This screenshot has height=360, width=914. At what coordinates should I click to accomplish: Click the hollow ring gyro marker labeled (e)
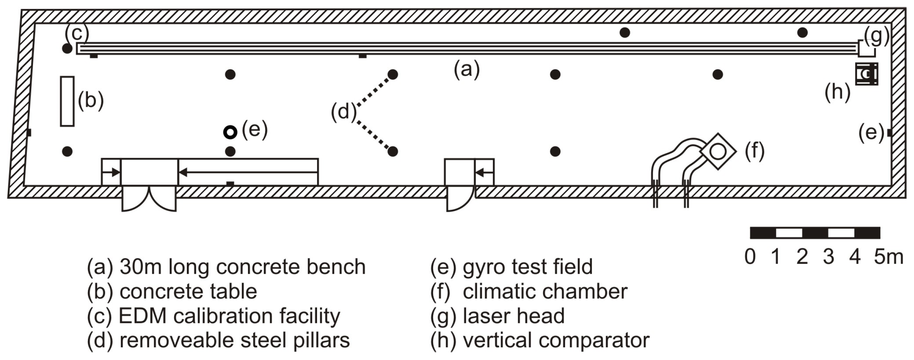click(230, 132)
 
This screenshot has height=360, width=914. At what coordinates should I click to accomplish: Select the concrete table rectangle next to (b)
click(67, 102)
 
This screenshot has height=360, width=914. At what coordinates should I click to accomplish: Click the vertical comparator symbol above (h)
click(867, 74)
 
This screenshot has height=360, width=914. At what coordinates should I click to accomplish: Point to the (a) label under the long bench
click(466, 69)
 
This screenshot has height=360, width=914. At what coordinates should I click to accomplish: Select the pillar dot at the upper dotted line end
click(392, 74)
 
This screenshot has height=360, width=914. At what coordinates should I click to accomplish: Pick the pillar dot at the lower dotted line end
click(392, 152)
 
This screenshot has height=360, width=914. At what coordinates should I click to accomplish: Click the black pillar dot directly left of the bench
click(67, 49)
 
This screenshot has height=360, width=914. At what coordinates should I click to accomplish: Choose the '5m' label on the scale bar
click(888, 257)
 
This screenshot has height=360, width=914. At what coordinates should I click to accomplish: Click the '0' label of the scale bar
click(750, 257)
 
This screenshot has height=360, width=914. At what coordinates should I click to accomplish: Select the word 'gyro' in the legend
click(484, 267)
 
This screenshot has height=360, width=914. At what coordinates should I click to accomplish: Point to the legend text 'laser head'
click(514, 316)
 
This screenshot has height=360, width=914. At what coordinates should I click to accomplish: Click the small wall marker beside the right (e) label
click(890, 133)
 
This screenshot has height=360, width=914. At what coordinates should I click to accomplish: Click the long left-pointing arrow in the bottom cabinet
click(248, 172)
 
